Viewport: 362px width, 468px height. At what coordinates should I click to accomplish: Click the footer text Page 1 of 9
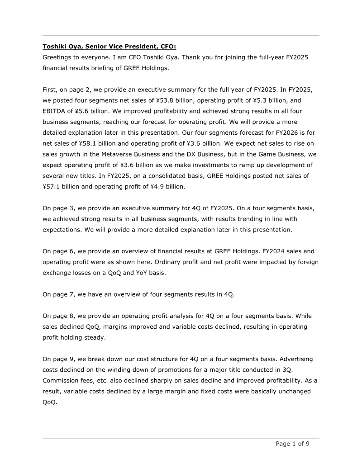(292, 444)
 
